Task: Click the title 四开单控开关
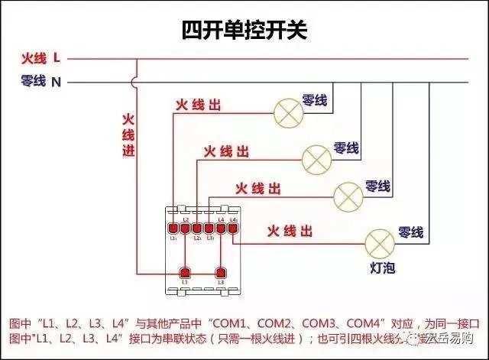(244, 30)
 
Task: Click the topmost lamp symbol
(289, 114)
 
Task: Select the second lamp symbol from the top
(317, 158)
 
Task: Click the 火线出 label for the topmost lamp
(198, 105)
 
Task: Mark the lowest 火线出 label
(288, 230)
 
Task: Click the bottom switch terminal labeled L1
(184, 273)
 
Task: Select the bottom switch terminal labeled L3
(222, 273)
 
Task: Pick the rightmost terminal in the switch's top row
(233, 228)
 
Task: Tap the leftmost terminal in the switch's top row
(173, 228)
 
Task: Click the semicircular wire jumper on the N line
(135, 81)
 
